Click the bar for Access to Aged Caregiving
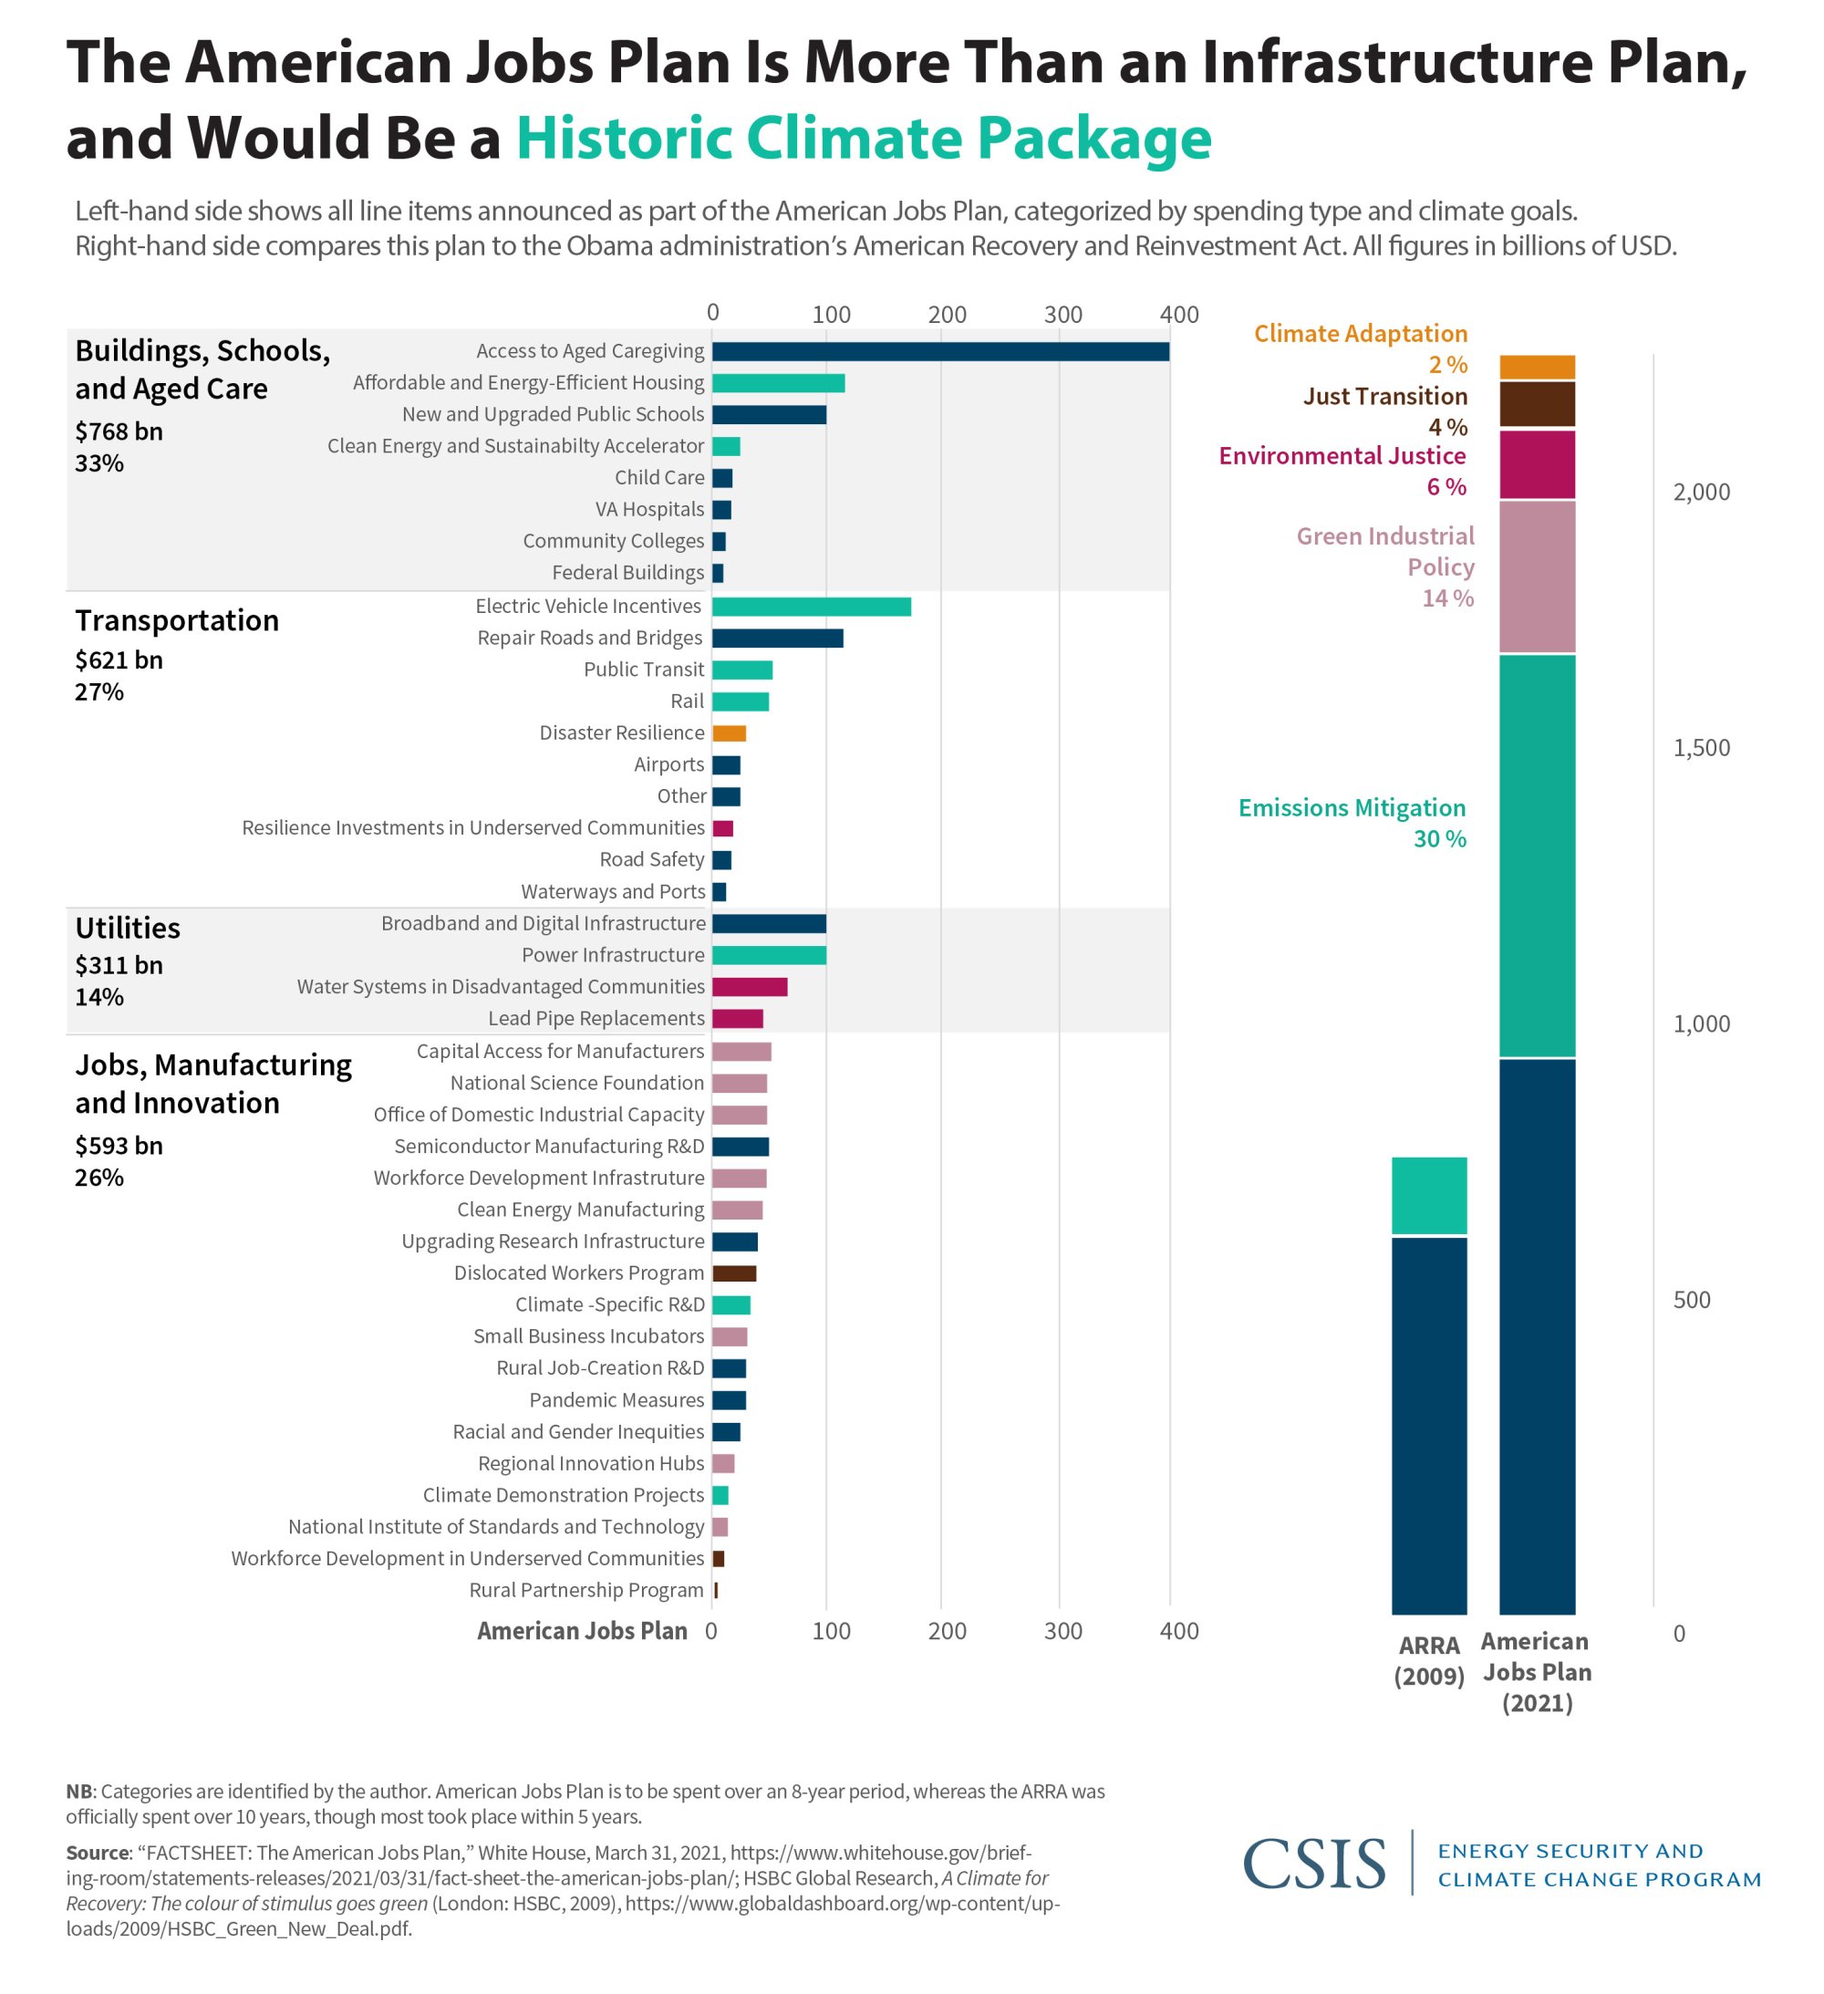tap(939, 351)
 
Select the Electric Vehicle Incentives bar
tap(811, 607)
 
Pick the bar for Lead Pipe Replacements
tap(737, 1018)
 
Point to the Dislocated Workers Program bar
tap(734, 1273)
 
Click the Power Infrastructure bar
tap(769, 954)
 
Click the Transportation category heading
tap(177, 620)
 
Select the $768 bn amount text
tap(119, 431)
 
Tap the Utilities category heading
tap(128, 928)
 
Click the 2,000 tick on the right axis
tap(1702, 492)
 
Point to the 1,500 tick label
tap(1702, 748)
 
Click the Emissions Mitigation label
tap(1352, 808)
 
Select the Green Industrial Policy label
tap(1384, 551)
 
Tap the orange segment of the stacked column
tap(1537, 367)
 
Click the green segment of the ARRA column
tap(1428, 1196)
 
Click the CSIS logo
tap(1313, 1864)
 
